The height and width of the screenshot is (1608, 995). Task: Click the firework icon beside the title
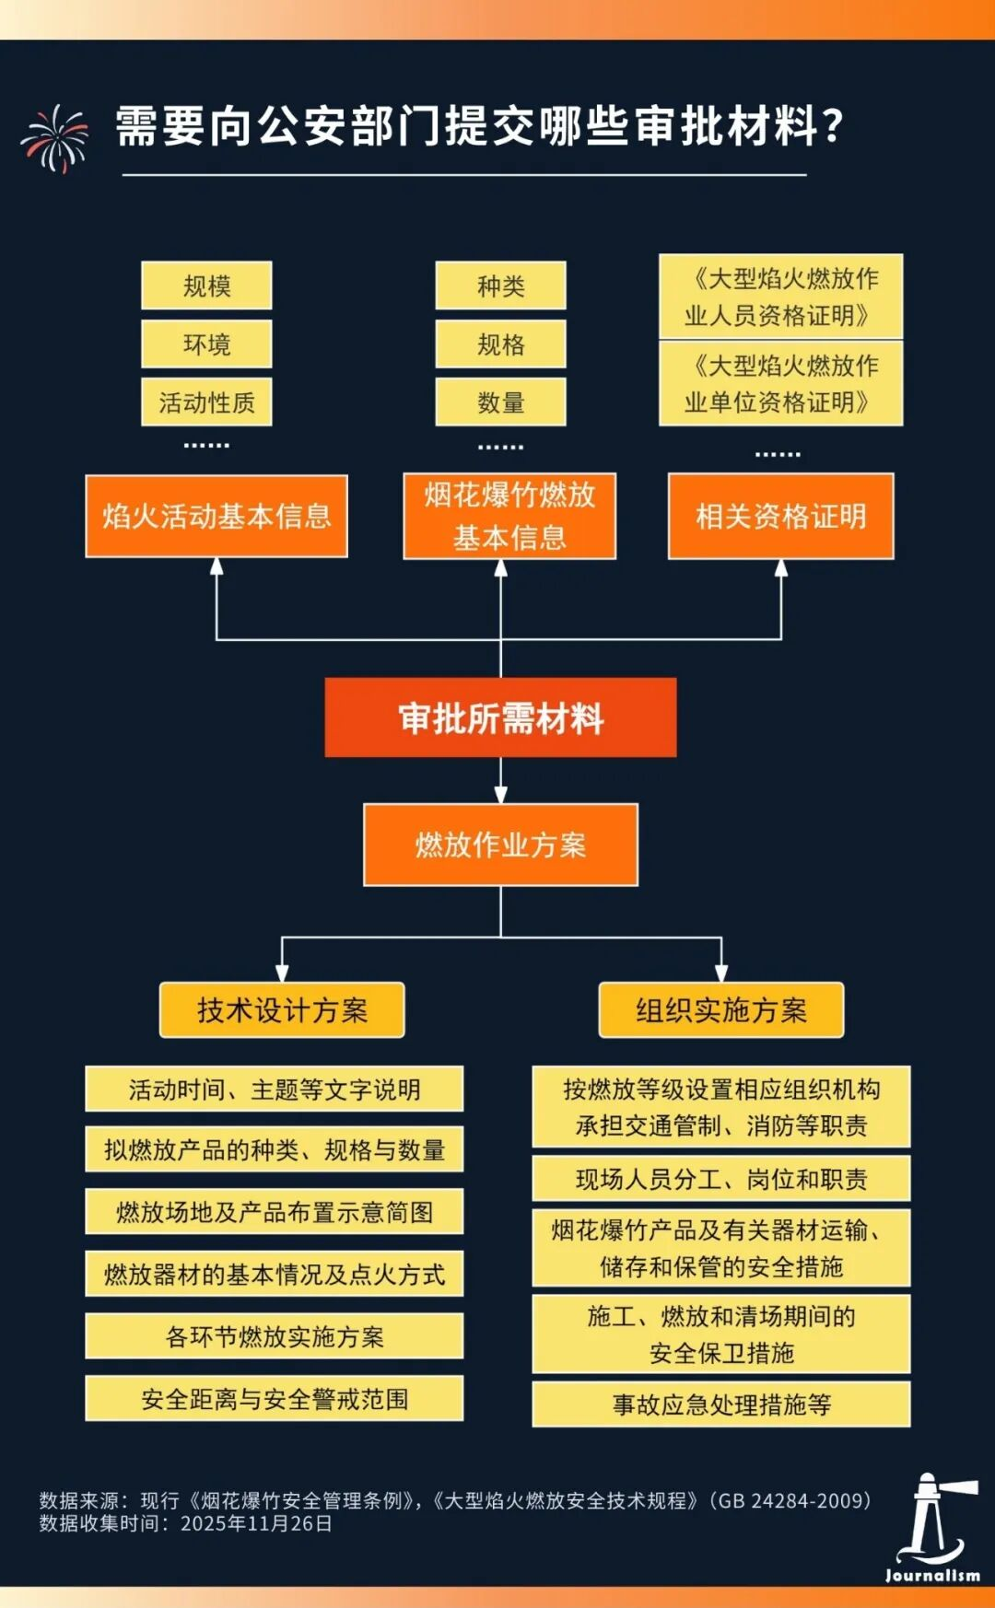55,138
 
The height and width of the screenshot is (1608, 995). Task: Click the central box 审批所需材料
500,718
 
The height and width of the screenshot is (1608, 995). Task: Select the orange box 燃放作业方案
500,845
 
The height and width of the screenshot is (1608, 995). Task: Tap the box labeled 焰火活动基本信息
217,516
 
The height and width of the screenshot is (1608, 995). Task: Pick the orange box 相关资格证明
780,516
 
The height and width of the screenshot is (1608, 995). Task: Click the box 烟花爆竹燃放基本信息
509,516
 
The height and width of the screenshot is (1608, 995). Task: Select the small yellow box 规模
206,285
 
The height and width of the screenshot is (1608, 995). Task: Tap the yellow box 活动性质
206,402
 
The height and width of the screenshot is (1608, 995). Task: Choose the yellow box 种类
500,285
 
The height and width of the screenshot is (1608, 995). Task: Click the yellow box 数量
500,402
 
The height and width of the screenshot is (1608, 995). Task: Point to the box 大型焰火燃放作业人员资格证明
780,297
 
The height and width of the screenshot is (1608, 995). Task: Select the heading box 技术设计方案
282,1010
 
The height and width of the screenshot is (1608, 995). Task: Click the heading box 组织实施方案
721,1010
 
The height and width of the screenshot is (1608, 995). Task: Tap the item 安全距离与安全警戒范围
275,1399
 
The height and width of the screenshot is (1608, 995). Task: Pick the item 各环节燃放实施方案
275,1336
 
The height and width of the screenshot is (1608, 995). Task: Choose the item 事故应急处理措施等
721,1404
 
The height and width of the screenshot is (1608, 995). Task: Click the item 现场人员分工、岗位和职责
721,1179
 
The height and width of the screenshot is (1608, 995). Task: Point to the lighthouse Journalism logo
932,1529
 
